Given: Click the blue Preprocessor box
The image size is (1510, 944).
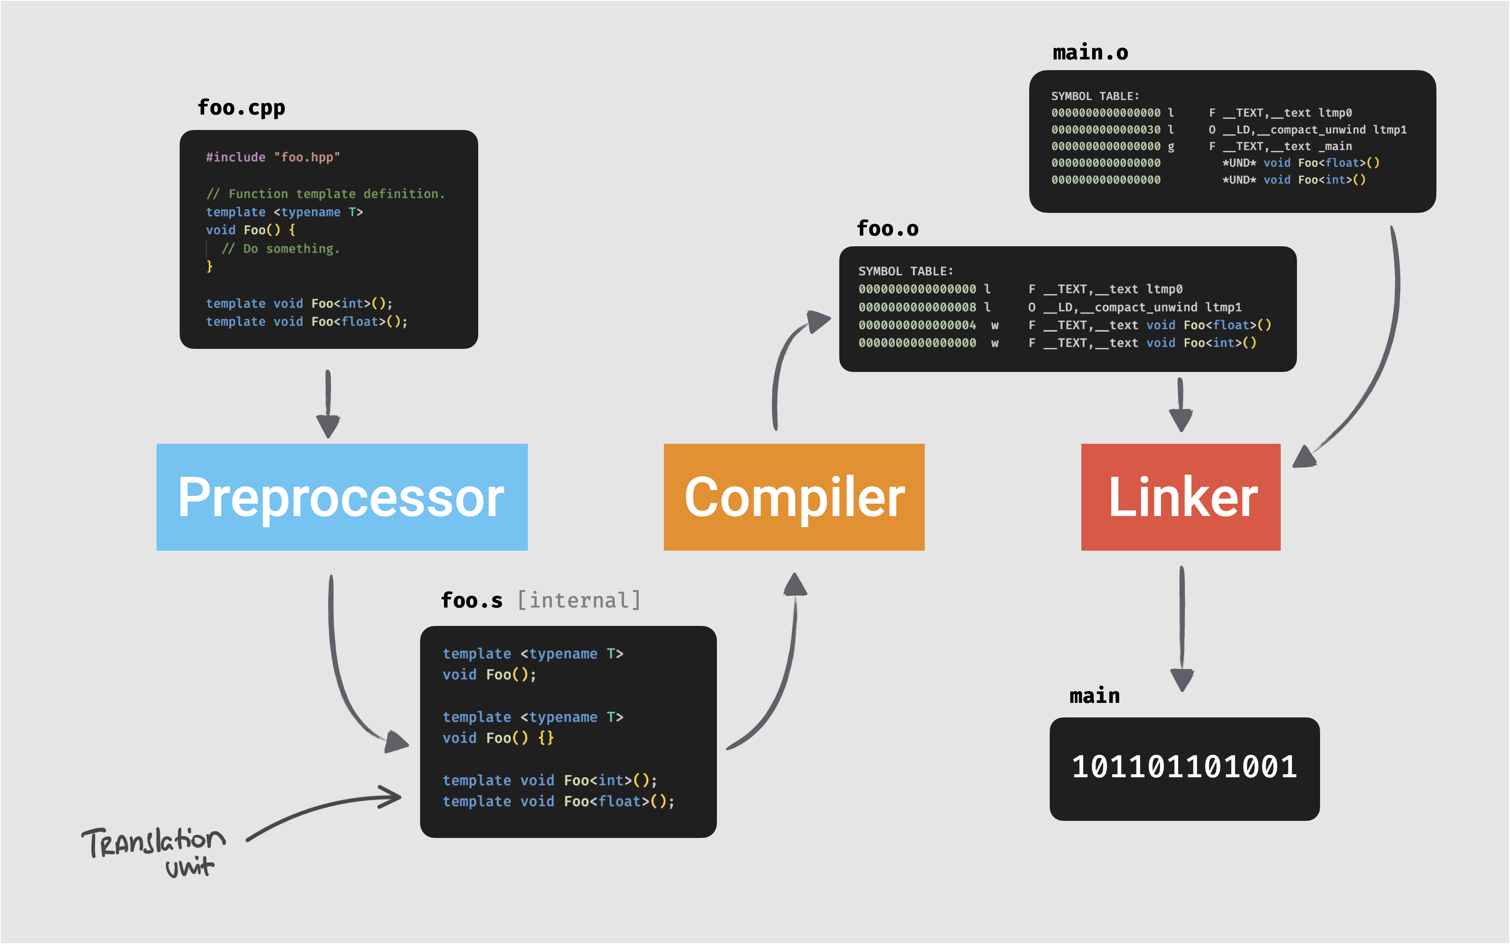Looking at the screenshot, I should (x=342, y=497).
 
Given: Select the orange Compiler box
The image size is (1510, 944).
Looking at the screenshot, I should (x=794, y=497).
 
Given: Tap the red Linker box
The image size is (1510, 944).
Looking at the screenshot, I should (x=1180, y=497).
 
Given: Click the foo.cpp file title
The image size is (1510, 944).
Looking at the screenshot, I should (x=241, y=107).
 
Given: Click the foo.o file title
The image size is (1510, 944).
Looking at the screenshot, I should (x=887, y=228).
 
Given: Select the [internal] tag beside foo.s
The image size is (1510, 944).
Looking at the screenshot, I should (x=579, y=600).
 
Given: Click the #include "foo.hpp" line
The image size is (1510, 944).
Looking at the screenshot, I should (x=273, y=157).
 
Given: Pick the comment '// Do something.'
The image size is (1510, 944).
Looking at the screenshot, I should (x=280, y=248).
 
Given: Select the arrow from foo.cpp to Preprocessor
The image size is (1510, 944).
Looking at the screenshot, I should (x=328, y=403).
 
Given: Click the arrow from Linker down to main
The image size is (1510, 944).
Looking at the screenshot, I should (x=1181, y=628).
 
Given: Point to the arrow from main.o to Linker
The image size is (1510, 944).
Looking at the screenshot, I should (x=1383, y=350).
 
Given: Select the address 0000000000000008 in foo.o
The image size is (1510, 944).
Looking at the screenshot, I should (x=917, y=307).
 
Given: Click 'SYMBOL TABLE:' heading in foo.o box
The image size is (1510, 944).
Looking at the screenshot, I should (x=906, y=271).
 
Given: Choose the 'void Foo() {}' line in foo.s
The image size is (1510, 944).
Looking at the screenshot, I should (x=498, y=738).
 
